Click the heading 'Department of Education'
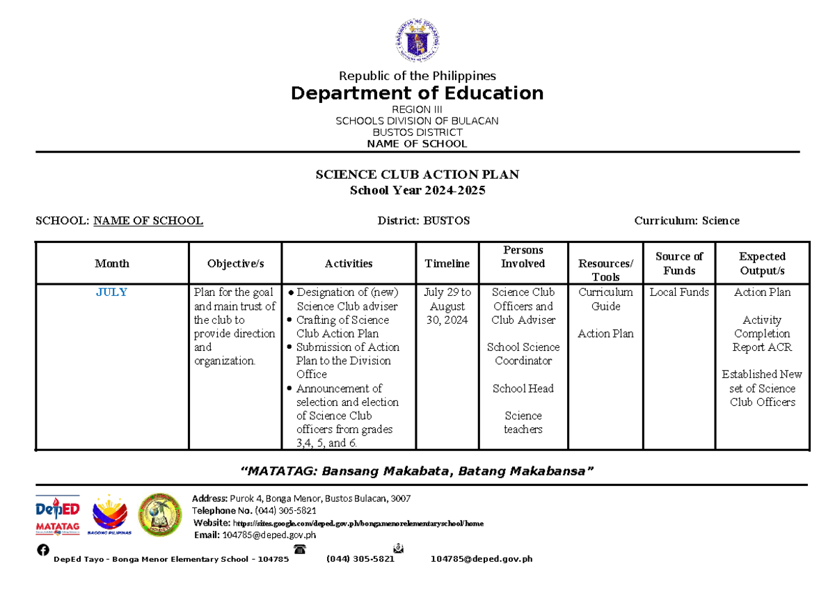pos(417,93)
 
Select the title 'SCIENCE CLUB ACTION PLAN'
pos(417,175)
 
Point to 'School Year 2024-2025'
pos(417,191)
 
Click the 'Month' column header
pos(112,263)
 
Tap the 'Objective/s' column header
pos(235,263)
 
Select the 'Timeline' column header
pos(447,263)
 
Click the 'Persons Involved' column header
pos(523,256)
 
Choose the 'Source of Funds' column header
pos(678,263)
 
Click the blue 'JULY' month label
pos(112,292)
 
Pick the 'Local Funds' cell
pos(678,292)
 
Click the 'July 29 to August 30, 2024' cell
pos(447,306)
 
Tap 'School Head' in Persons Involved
pos(523,388)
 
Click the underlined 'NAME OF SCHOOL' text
pos(148,221)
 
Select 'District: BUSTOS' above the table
pos(423,221)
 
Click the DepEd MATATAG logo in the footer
pos(57,515)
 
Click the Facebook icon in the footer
pos(43,550)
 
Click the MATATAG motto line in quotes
pos(417,471)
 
